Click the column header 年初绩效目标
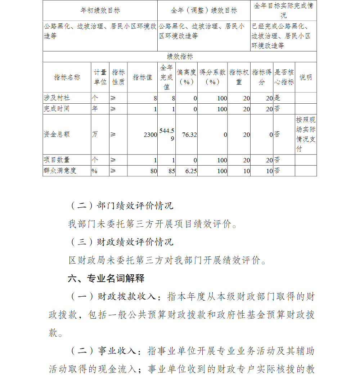pos(100,10)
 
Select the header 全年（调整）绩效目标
pos(204,10)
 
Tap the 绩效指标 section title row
pos(180,57)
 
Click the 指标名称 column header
pos(67,77)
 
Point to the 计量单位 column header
pos(100,77)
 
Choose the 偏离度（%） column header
pos(186,77)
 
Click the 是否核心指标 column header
pos(284,77)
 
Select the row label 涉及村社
pos(57,98)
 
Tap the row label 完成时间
pos(57,109)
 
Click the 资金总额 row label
pos(57,135)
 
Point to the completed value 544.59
pos(167,135)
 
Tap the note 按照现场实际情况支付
pos(306,135)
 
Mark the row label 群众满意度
pos(60,171)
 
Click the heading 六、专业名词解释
pos(106,278)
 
